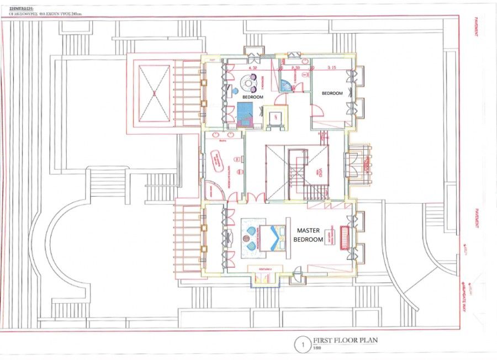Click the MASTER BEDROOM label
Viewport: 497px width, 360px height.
pyautogui.click(x=309, y=235)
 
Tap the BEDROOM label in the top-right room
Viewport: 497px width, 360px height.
pyautogui.click(x=332, y=93)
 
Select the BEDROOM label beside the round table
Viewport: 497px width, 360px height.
pyautogui.click(x=253, y=97)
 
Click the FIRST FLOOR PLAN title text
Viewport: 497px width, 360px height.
pyautogui.click(x=346, y=340)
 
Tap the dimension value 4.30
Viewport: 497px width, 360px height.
pyautogui.click(x=254, y=68)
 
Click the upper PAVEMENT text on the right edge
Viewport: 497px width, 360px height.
pyautogui.click(x=476, y=26)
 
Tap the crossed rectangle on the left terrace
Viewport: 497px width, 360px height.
pyautogui.click(x=154, y=93)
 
